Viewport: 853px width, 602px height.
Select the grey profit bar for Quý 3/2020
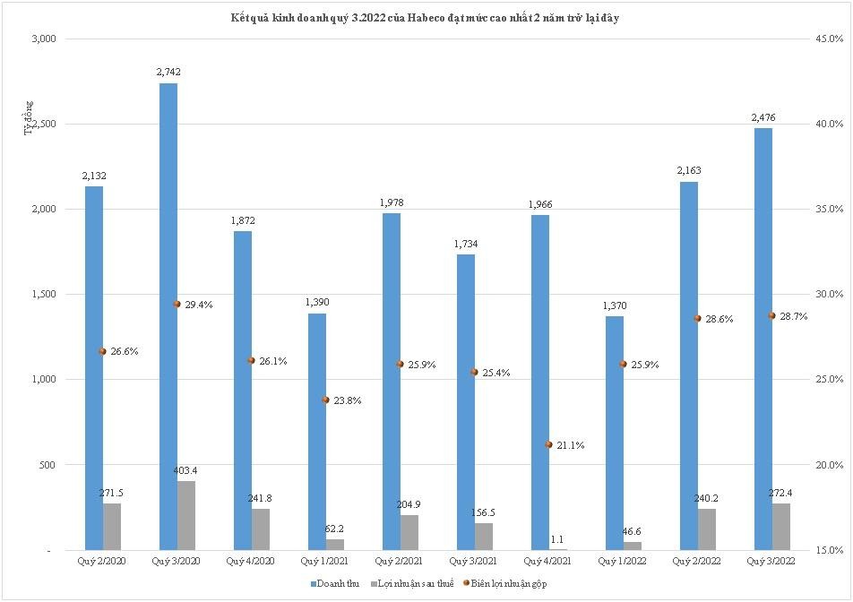[x=185, y=515]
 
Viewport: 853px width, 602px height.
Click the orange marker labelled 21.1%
[x=548, y=444]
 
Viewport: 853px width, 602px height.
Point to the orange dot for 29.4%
[x=177, y=304]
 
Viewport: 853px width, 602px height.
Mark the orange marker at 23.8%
[x=325, y=400]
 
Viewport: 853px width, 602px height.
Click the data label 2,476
[x=763, y=117]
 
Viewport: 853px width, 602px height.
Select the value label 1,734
[x=466, y=244]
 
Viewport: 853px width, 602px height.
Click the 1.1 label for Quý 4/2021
[x=557, y=539]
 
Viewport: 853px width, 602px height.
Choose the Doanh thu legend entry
[x=335, y=583]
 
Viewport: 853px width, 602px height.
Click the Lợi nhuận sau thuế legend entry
[x=409, y=583]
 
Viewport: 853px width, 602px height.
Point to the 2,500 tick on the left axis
[x=43, y=125]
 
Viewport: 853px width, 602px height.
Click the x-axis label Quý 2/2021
[x=400, y=561]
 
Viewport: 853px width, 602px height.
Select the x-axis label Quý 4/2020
[x=251, y=561]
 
